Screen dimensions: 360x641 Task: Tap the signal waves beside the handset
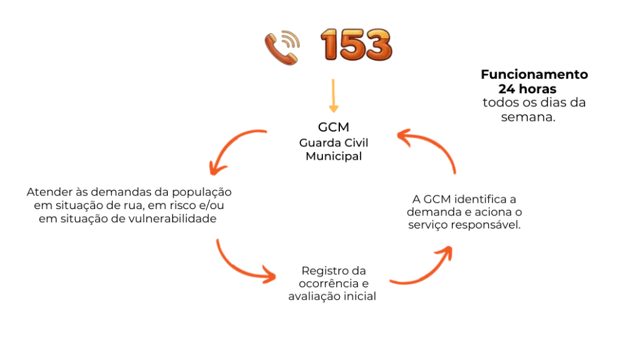click(291, 40)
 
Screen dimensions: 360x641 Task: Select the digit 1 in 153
click(331, 45)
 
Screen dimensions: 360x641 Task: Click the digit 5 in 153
click(354, 45)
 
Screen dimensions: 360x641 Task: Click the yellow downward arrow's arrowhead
click(334, 110)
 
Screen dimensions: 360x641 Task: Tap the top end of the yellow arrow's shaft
click(333, 80)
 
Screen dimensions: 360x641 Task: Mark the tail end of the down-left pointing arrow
click(266, 131)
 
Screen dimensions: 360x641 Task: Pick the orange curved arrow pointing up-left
click(432, 145)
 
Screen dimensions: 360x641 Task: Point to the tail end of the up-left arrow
click(455, 173)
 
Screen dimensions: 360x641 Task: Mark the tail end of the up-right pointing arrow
click(391, 281)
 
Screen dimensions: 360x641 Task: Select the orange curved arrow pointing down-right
click(241, 266)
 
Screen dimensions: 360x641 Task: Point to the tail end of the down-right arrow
click(217, 239)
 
